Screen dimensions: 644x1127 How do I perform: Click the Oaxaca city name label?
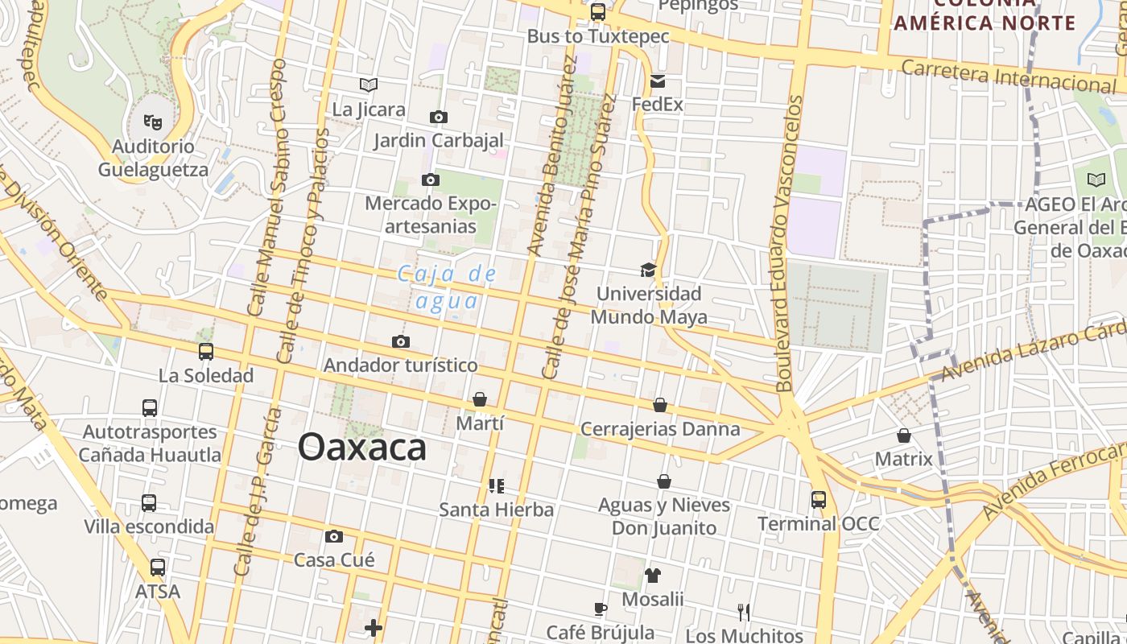(x=361, y=447)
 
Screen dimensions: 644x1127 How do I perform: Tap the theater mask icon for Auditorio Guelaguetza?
(x=153, y=122)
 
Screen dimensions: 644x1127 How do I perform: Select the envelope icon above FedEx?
(x=658, y=80)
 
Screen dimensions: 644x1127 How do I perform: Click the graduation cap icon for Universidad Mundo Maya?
(x=648, y=270)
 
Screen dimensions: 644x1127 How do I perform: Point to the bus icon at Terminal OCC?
(x=819, y=500)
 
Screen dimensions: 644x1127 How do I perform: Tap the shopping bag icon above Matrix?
(x=904, y=436)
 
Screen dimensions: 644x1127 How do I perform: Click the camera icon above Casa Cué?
(x=334, y=536)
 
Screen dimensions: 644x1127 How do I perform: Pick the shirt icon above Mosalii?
(x=652, y=576)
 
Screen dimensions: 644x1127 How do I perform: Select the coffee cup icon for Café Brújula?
(x=600, y=609)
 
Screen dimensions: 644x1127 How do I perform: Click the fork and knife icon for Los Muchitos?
(x=744, y=613)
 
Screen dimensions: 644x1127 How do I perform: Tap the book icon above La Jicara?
(x=369, y=85)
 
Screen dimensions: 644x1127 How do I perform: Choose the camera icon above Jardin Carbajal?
(x=438, y=118)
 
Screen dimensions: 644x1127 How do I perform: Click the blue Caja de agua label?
(x=448, y=287)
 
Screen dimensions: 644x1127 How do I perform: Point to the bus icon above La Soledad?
(x=206, y=352)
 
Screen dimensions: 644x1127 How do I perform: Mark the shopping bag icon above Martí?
(x=480, y=399)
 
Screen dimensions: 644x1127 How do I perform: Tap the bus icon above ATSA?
(x=158, y=568)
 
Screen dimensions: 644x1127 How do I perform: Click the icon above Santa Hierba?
(x=496, y=485)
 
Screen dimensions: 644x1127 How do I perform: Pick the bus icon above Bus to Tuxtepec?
(x=597, y=12)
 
